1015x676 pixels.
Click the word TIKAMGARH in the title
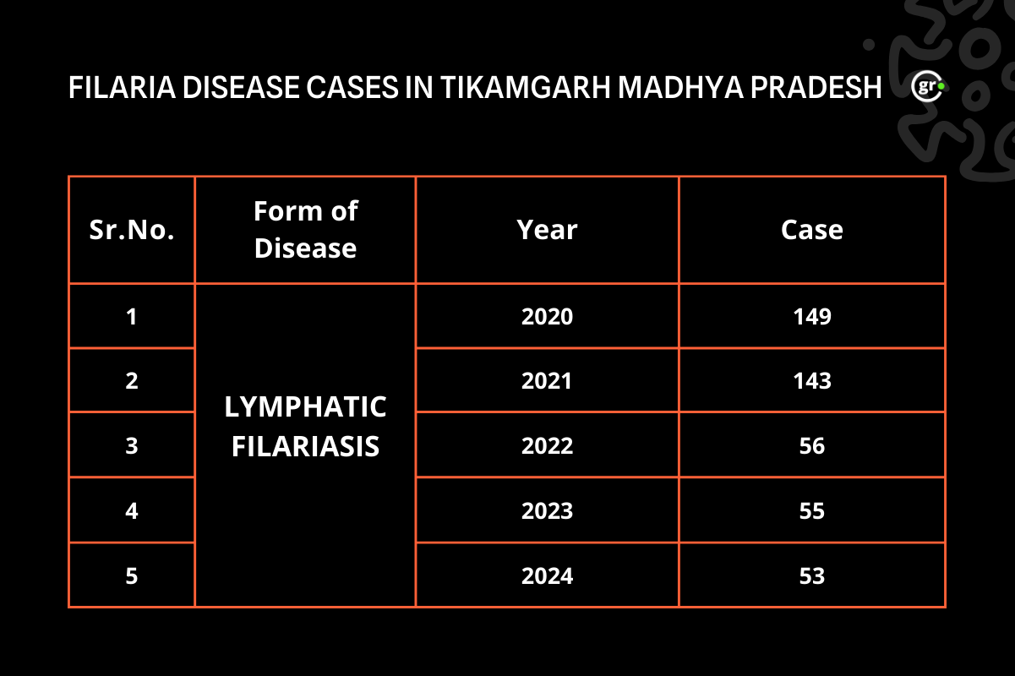click(525, 87)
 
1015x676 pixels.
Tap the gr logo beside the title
click(928, 86)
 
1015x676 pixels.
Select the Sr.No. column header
click(132, 230)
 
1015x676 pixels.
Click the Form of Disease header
click(306, 230)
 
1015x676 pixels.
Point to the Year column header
click(547, 230)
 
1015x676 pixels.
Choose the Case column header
click(812, 230)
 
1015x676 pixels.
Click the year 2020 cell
click(547, 316)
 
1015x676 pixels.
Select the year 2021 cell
click(547, 380)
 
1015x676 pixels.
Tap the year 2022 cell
click(547, 446)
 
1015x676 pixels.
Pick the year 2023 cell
click(547, 511)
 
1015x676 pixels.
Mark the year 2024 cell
click(547, 576)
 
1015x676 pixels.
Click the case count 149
click(812, 316)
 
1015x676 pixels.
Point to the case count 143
click(812, 380)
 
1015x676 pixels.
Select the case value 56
click(812, 446)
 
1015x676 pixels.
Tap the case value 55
click(812, 511)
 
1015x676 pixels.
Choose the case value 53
click(812, 576)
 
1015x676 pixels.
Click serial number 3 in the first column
click(132, 446)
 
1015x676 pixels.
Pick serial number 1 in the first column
click(132, 316)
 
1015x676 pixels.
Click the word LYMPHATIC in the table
click(305, 407)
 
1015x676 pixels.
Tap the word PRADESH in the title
click(816, 87)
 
